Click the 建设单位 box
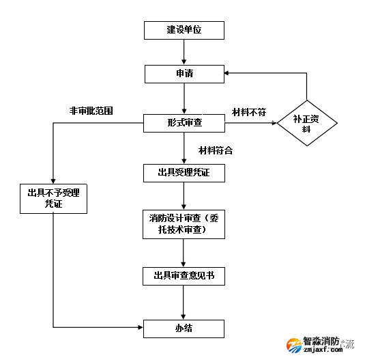184,30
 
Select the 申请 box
184,73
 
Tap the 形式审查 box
184,123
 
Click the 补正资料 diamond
306,123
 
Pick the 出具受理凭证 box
184,173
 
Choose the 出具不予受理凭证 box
53,198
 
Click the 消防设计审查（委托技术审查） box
184,223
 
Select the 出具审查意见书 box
184,275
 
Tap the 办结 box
184,328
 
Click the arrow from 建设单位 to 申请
184,52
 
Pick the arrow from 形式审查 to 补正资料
250,124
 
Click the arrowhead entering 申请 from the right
229,73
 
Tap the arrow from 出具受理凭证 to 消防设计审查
184,195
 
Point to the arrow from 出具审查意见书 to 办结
184,301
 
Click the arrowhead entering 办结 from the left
139,328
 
